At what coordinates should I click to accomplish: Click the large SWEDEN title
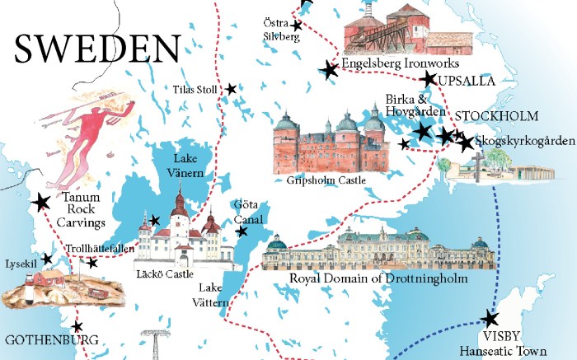(96, 49)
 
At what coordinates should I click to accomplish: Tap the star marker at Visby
(490, 319)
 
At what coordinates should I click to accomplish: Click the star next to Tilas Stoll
(232, 89)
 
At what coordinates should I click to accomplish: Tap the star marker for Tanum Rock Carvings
(40, 202)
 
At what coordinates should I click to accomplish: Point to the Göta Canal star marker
(242, 232)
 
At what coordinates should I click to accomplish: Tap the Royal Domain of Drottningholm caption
(378, 279)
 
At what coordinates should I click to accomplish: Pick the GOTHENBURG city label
(51, 339)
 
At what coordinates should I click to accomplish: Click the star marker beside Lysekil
(47, 259)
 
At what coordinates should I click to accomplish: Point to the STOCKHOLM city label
(497, 116)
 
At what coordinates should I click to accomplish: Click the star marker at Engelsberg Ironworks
(330, 71)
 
